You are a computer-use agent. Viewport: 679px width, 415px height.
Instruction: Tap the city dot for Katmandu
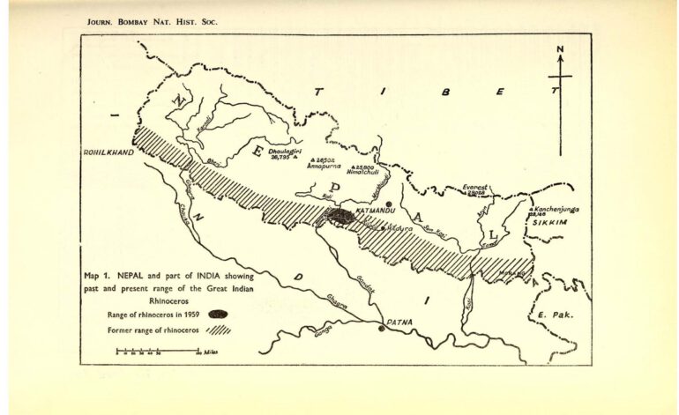[389, 204]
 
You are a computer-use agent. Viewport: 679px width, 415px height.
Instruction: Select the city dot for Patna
[381, 328]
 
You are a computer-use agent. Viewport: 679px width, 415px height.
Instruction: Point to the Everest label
[474, 187]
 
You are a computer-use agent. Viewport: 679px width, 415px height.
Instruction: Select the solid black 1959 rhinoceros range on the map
[340, 214]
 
